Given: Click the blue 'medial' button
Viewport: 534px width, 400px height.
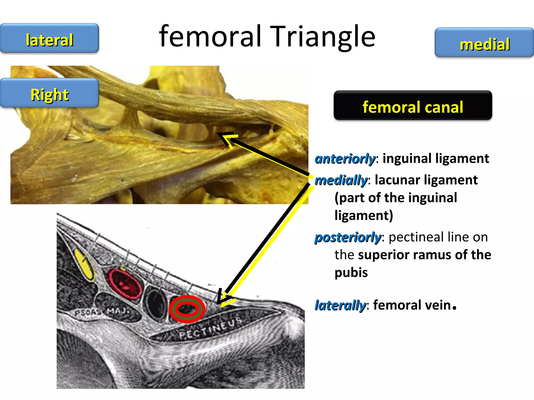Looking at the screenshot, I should [484, 43].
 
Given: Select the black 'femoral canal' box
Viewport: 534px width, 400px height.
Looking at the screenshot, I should [413, 106].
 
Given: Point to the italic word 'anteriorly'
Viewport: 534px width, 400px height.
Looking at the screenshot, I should [345, 159].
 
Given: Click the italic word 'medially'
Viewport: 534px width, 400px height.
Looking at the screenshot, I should [341, 180].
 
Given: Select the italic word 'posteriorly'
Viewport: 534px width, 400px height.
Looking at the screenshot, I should [348, 237].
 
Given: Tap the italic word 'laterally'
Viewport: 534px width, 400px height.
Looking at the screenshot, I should [340, 305].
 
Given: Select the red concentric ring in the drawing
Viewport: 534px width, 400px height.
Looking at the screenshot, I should [187, 309].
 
